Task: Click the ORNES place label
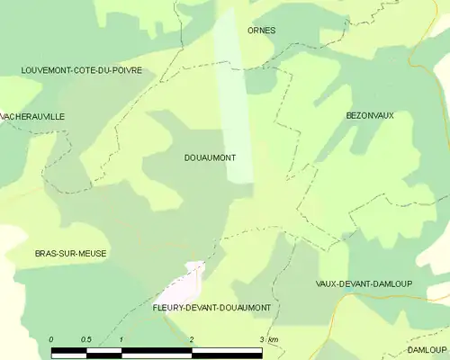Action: pos(261,31)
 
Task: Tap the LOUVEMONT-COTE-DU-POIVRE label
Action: pos(82,69)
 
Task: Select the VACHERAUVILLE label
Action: pos(33,117)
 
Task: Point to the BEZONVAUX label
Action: pos(370,115)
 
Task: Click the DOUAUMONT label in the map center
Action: pos(209,157)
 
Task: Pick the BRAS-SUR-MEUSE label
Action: pos(70,254)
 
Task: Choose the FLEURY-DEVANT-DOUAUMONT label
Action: pos(211,308)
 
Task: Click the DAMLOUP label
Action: pos(426,349)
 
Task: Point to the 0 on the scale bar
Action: pos(51,338)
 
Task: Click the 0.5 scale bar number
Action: pos(85,338)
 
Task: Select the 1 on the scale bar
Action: pos(121,338)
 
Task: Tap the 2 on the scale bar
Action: pos(191,338)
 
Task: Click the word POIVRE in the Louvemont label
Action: pos(125,69)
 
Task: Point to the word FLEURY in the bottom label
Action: pos(168,308)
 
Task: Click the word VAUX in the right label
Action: pos(327,283)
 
